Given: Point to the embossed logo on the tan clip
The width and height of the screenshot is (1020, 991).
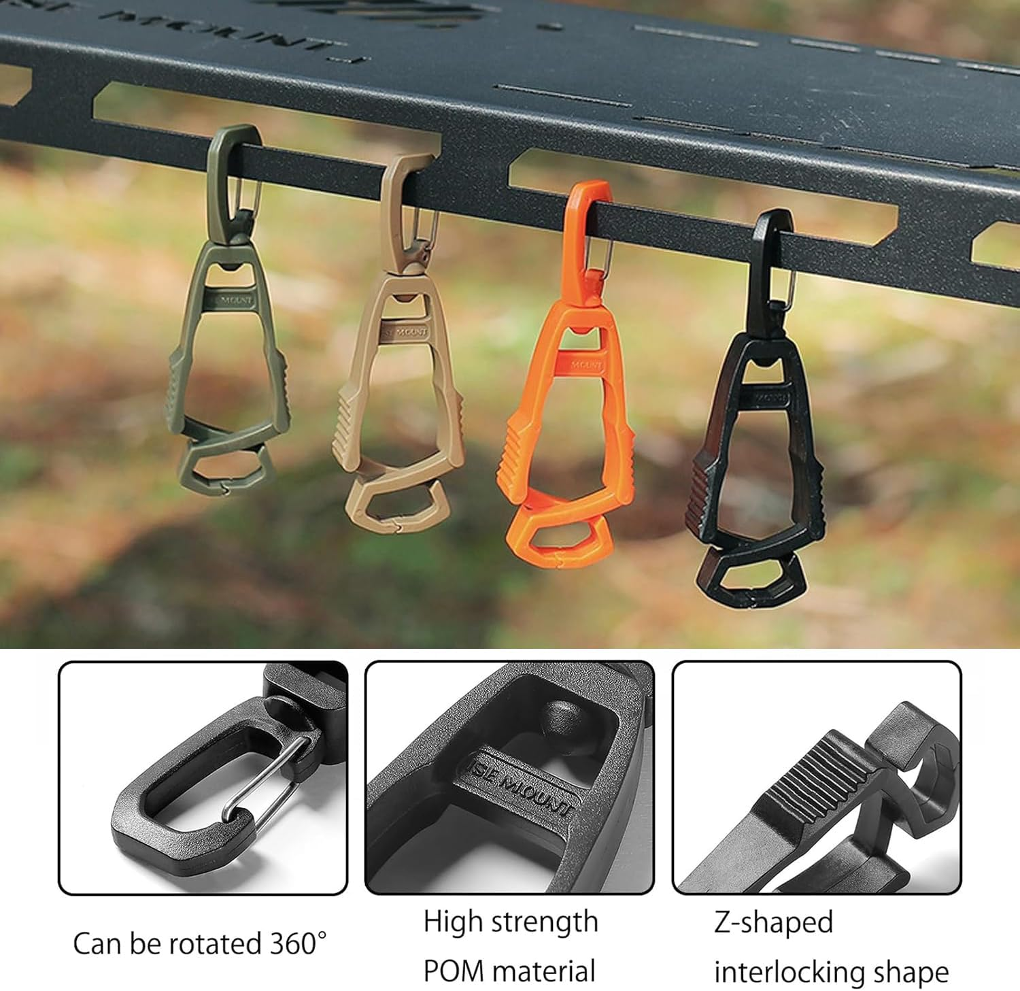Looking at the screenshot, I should pyautogui.click(x=406, y=333).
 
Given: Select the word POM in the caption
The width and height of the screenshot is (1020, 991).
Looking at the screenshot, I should pyautogui.click(x=452, y=971).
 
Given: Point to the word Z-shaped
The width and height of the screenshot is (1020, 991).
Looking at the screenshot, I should pyautogui.click(x=773, y=923).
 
